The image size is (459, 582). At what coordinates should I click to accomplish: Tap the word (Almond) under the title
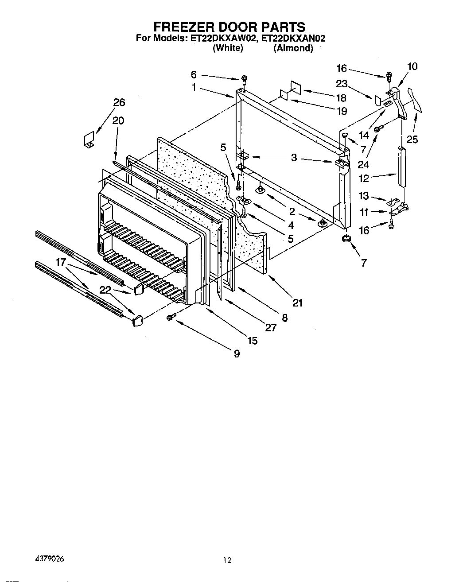pyautogui.click(x=293, y=49)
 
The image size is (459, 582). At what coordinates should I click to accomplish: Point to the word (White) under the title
pyautogui.click(x=228, y=49)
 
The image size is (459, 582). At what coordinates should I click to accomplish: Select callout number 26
pyautogui.click(x=119, y=102)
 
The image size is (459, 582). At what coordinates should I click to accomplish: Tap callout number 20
pyautogui.click(x=118, y=120)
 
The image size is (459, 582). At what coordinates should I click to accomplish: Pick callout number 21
pyautogui.click(x=297, y=303)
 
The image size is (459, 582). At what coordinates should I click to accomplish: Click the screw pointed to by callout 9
pyautogui.click(x=170, y=318)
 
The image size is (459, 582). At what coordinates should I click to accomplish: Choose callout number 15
pyautogui.click(x=252, y=341)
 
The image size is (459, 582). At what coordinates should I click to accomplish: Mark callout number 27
pyautogui.click(x=270, y=327)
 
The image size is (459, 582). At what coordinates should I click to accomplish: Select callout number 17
pyautogui.click(x=61, y=262)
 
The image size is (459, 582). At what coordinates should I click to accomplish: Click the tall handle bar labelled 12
pyautogui.click(x=402, y=167)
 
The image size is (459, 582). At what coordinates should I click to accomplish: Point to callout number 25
pyautogui.click(x=412, y=140)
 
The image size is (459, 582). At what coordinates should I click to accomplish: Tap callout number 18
pyautogui.click(x=341, y=98)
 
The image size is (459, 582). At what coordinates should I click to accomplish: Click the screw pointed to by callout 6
pyautogui.click(x=244, y=81)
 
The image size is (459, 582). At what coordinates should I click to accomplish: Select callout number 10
pyautogui.click(x=412, y=66)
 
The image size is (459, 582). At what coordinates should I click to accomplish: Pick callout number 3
pyautogui.click(x=294, y=157)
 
